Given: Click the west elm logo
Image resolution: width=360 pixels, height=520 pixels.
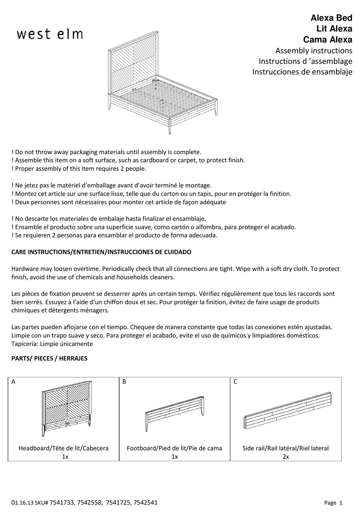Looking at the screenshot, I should tap(50, 34).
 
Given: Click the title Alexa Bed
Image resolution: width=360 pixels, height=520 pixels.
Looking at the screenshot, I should tap(331, 18).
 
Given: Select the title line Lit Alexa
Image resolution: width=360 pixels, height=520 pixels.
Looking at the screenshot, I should tap(334, 28).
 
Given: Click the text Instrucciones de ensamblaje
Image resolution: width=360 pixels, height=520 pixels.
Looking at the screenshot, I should tap(302, 72).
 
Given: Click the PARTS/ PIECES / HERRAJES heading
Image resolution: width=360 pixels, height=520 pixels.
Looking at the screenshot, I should tap(49, 358).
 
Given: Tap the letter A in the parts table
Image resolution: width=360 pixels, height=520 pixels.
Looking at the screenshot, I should tap(14, 382).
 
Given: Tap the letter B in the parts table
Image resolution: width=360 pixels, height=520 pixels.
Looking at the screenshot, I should tap(124, 382).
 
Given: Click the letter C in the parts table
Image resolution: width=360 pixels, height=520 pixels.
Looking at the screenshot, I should tap(235, 382).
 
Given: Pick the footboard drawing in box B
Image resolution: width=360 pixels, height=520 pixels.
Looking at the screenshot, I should tap(174, 413).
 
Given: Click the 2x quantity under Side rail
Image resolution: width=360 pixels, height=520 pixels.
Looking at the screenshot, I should tap(285, 457).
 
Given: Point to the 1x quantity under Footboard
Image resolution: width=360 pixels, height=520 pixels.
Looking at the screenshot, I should tap(174, 457).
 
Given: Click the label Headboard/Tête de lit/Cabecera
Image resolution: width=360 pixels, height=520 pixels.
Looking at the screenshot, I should tap(64, 448).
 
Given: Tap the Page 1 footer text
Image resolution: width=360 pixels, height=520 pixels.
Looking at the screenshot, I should tap(333, 503).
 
